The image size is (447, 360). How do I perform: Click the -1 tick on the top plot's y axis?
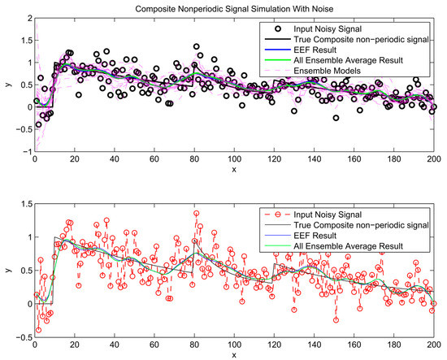tap(25, 152)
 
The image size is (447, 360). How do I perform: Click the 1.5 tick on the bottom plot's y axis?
tap(24, 204)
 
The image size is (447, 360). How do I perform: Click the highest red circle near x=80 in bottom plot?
tap(196, 214)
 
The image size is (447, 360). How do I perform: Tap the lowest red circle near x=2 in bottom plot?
tap(37, 330)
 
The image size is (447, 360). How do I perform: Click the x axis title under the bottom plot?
tap(236, 354)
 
